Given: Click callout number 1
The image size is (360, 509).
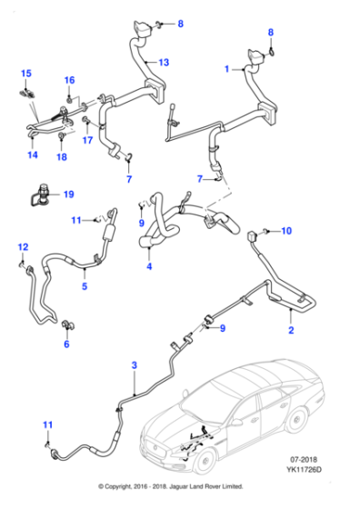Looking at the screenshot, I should pyautogui.click(x=226, y=69).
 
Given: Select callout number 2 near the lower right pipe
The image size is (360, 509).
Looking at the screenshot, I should pyautogui.click(x=291, y=334).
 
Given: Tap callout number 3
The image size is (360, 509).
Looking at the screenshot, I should pyautogui.click(x=134, y=365).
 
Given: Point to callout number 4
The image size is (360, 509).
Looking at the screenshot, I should pyautogui.click(x=148, y=267).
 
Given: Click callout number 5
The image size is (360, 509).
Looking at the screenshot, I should pyautogui.click(x=84, y=287).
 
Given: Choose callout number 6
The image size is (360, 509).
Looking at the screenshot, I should pyautogui.click(x=65, y=344).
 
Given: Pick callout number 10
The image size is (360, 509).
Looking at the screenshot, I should pyautogui.click(x=286, y=231).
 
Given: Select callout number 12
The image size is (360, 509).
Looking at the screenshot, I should pyautogui.click(x=23, y=247).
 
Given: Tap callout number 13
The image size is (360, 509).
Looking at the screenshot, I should pyautogui.click(x=165, y=63).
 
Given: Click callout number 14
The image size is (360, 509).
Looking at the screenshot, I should pyautogui.click(x=32, y=155).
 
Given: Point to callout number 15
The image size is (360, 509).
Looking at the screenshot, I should pyautogui.click(x=25, y=73).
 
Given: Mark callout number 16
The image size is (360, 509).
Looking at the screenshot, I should pyautogui.click(x=69, y=81).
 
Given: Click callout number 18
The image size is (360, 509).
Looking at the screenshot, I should pyautogui.click(x=62, y=157).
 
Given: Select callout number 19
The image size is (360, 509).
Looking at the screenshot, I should pyautogui.click(x=68, y=194).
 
